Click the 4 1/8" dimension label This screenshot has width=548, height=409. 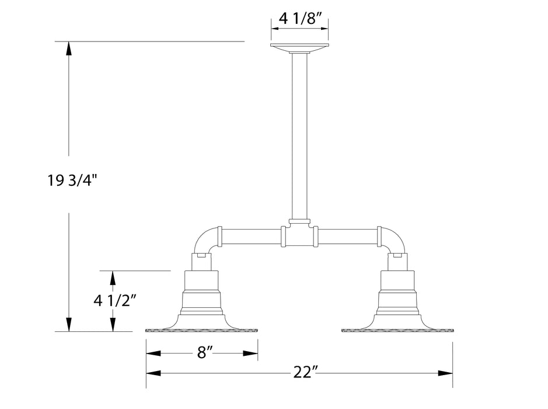point(299,18)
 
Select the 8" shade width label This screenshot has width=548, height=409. point(201,352)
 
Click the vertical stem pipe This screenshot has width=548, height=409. point(299,134)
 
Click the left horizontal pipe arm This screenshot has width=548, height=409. point(251,237)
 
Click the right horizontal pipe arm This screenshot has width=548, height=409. point(347,237)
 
